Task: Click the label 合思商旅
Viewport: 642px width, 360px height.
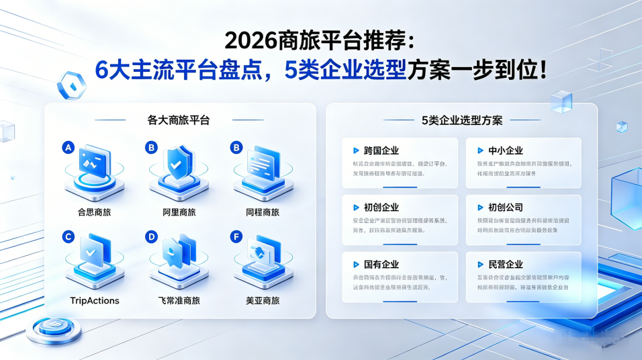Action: [x=94, y=212]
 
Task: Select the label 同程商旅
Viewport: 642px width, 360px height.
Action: [x=262, y=212]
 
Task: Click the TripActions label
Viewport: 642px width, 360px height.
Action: [x=94, y=300]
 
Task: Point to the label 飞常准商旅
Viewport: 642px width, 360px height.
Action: [x=179, y=300]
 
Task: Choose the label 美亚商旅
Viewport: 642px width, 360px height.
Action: [x=262, y=300]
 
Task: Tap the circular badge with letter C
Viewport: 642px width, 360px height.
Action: [x=67, y=236]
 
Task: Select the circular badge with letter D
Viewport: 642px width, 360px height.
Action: [x=152, y=236]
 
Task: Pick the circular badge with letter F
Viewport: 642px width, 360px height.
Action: [x=236, y=236]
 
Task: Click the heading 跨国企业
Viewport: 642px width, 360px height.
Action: [x=381, y=150]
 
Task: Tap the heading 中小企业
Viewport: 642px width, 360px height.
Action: [x=505, y=150]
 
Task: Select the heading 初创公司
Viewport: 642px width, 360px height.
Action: [x=505, y=208]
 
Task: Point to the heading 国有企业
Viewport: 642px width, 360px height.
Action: [x=381, y=265]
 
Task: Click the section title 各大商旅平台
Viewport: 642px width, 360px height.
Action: [x=178, y=120]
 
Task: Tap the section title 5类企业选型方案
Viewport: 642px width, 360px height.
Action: [x=462, y=120]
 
